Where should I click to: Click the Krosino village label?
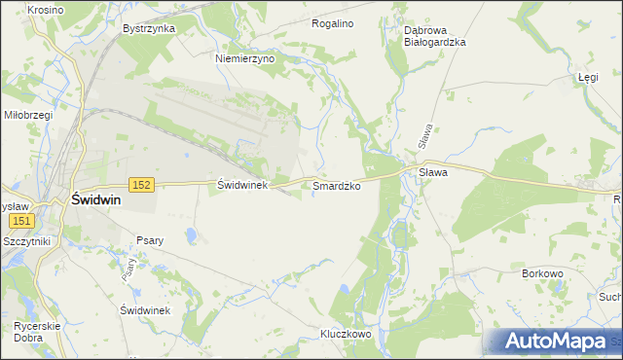coord(18,9)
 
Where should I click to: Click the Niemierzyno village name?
coord(245,58)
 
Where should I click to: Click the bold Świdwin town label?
coord(94,198)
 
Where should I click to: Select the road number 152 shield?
coord(142,184)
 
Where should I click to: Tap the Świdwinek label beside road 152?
coord(241,184)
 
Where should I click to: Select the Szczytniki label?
coord(26,240)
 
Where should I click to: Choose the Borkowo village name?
coord(543,274)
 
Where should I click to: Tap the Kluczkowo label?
coord(347,334)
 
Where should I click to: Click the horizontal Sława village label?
coord(432,172)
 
